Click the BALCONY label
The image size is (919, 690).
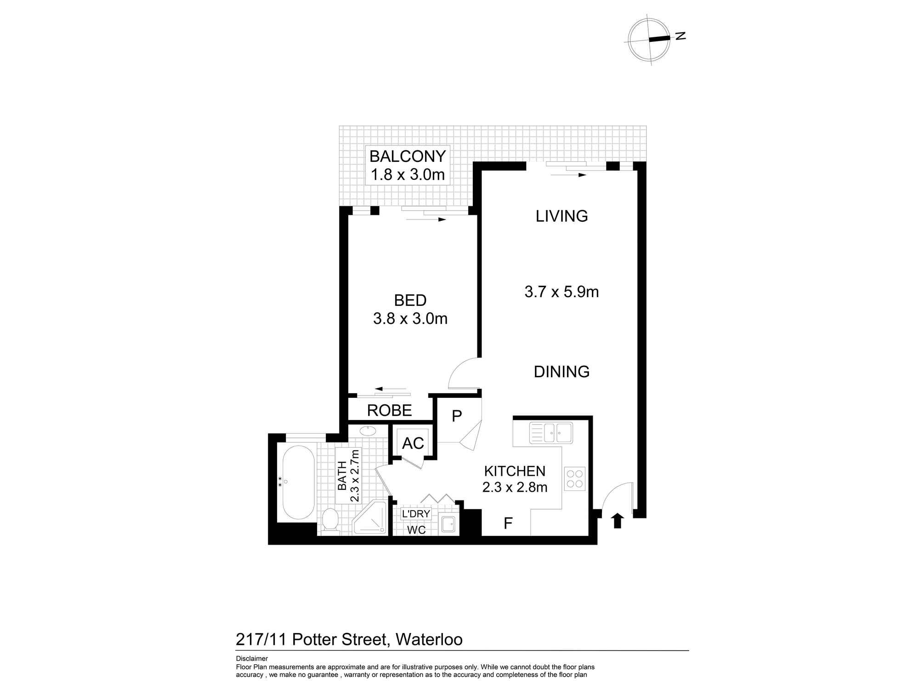click(x=408, y=156)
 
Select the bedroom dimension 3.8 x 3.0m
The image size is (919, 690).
click(x=410, y=318)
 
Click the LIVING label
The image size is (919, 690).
click(x=562, y=216)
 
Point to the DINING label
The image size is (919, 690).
click(x=562, y=371)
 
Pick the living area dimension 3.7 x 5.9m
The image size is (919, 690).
click(x=562, y=292)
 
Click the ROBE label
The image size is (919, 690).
click(x=389, y=410)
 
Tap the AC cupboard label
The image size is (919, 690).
click(x=413, y=443)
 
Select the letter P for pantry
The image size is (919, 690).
click(x=456, y=416)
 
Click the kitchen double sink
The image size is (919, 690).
click(x=551, y=433)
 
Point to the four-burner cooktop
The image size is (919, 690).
click(x=574, y=479)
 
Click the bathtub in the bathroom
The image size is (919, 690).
click(x=298, y=482)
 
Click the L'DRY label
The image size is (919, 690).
click(x=416, y=514)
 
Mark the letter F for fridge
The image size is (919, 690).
click(x=508, y=523)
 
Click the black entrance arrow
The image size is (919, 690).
click(x=617, y=520)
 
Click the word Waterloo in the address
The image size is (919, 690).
click(x=429, y=639)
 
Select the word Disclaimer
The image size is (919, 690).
click(x=252, y=658)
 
